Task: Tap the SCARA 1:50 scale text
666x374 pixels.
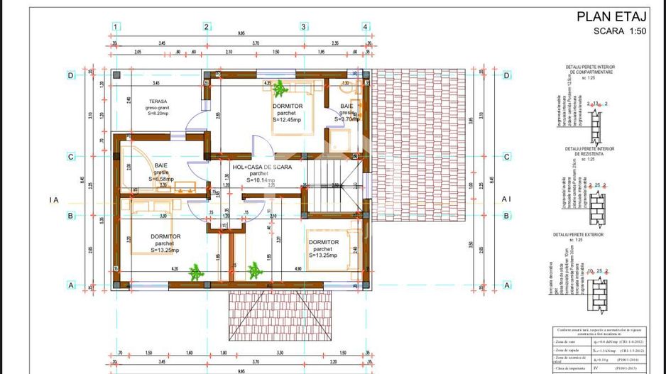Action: (x=619, y=31)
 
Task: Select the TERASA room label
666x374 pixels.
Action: (x=158, y=101)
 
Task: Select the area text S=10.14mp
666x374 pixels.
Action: (x=261, y=180)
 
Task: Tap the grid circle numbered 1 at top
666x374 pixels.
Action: (x=114, y=27)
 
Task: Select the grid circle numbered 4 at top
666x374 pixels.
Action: (x=366, y=27)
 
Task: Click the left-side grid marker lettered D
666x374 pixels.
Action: (x=70, y=75)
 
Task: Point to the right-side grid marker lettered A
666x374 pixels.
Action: (x=507, y=285)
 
